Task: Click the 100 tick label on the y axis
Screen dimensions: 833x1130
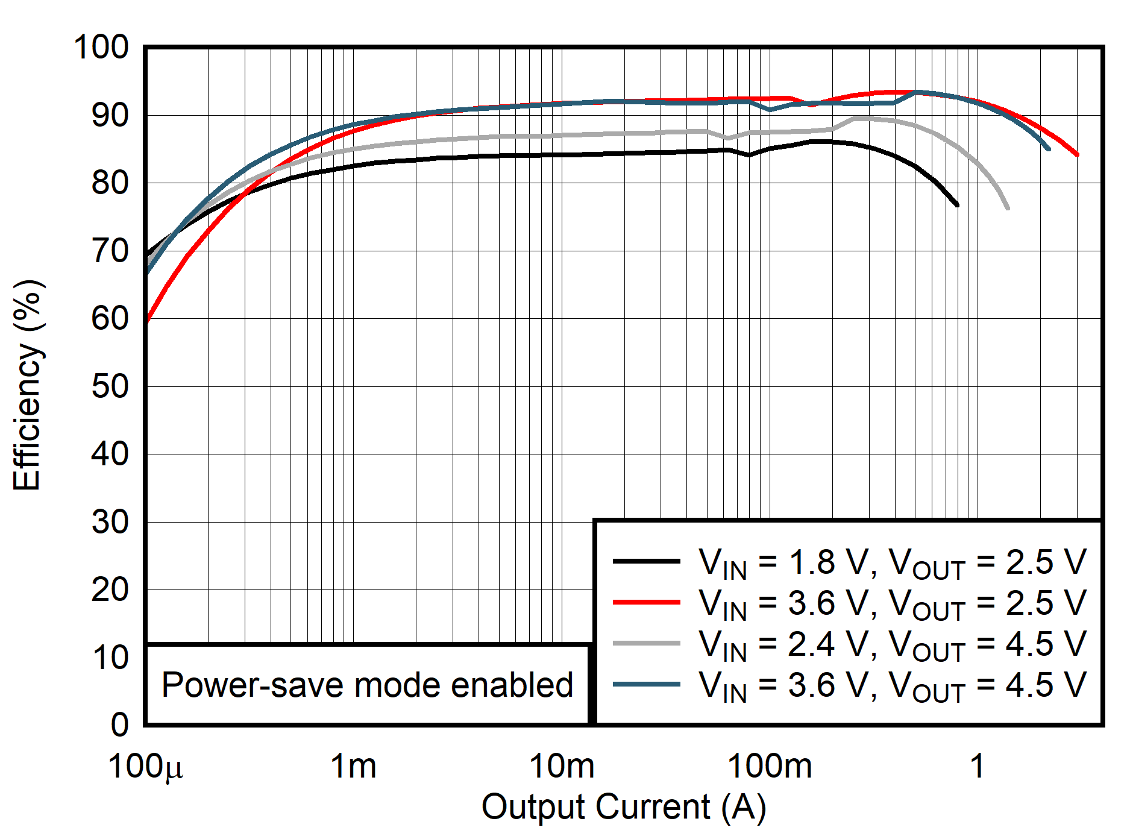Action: (101, 47)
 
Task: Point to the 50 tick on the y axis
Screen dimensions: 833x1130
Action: (110, 386)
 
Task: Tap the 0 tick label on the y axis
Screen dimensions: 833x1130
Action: (119, 725)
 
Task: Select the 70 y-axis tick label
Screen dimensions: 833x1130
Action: (110, 251)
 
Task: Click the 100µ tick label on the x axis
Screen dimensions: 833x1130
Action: (145, 767)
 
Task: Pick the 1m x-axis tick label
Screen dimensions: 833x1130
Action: (353, 767)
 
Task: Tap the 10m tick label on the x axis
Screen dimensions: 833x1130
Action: (562, 767)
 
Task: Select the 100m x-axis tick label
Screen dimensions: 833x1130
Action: (770, 767)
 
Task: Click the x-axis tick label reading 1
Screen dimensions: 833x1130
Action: (977, 767)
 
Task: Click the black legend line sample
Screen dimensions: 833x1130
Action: (646, 561)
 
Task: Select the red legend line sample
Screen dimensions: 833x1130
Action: (646, 602)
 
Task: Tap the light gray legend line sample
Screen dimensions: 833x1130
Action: (646, 643)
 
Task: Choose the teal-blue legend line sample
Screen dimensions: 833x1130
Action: (646, 684)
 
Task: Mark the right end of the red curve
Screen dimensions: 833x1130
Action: (1077, 155)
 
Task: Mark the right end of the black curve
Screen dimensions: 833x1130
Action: (957, 206)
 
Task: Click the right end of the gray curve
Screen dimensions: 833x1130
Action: (1008, 209)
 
